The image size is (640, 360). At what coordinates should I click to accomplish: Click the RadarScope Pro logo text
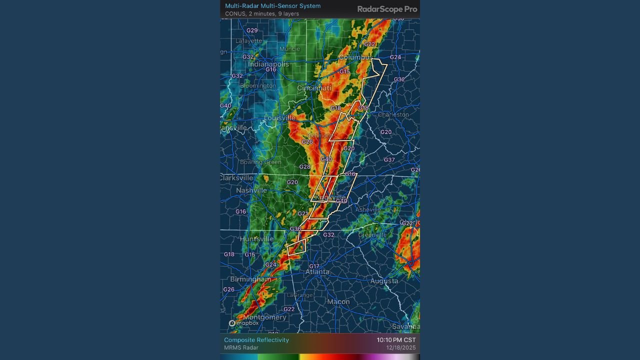(x=387, y=9)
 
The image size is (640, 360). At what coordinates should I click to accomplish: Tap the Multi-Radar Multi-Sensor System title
(x=272, y=6)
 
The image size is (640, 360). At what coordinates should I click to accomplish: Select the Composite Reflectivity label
(x=256, y=340)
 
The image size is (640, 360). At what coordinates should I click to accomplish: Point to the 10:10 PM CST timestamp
(x=396, y=340)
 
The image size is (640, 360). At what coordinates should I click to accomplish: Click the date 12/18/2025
(x=400, y=348)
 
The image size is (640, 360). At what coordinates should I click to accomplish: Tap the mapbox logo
(x=244, y=323)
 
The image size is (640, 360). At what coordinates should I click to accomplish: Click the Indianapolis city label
(x=268, y=64)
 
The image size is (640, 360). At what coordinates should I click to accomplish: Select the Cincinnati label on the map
(x=314, y=88)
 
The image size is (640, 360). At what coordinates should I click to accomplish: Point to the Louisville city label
(x=280, y=118)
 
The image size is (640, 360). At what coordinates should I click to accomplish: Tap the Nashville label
(x=251, y=190)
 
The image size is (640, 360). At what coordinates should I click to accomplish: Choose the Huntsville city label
(x=257, y=239)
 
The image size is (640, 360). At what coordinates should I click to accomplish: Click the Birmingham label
(x=251, y=279)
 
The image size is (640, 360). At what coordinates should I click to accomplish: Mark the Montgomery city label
(x=265, y=317)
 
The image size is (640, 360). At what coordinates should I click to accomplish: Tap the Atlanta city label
(x=317, y=272)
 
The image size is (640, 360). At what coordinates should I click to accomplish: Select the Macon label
(x=338, y=301)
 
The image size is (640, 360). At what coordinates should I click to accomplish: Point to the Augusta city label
(x=384, y=281)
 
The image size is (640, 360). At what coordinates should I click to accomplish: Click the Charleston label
(x=393, y=114)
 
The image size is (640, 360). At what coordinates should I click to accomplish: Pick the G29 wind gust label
(x=252, y=30)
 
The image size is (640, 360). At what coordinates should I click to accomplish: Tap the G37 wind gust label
(x=389, y=160)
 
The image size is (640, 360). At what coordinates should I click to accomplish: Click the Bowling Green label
(x=260, y=162)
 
